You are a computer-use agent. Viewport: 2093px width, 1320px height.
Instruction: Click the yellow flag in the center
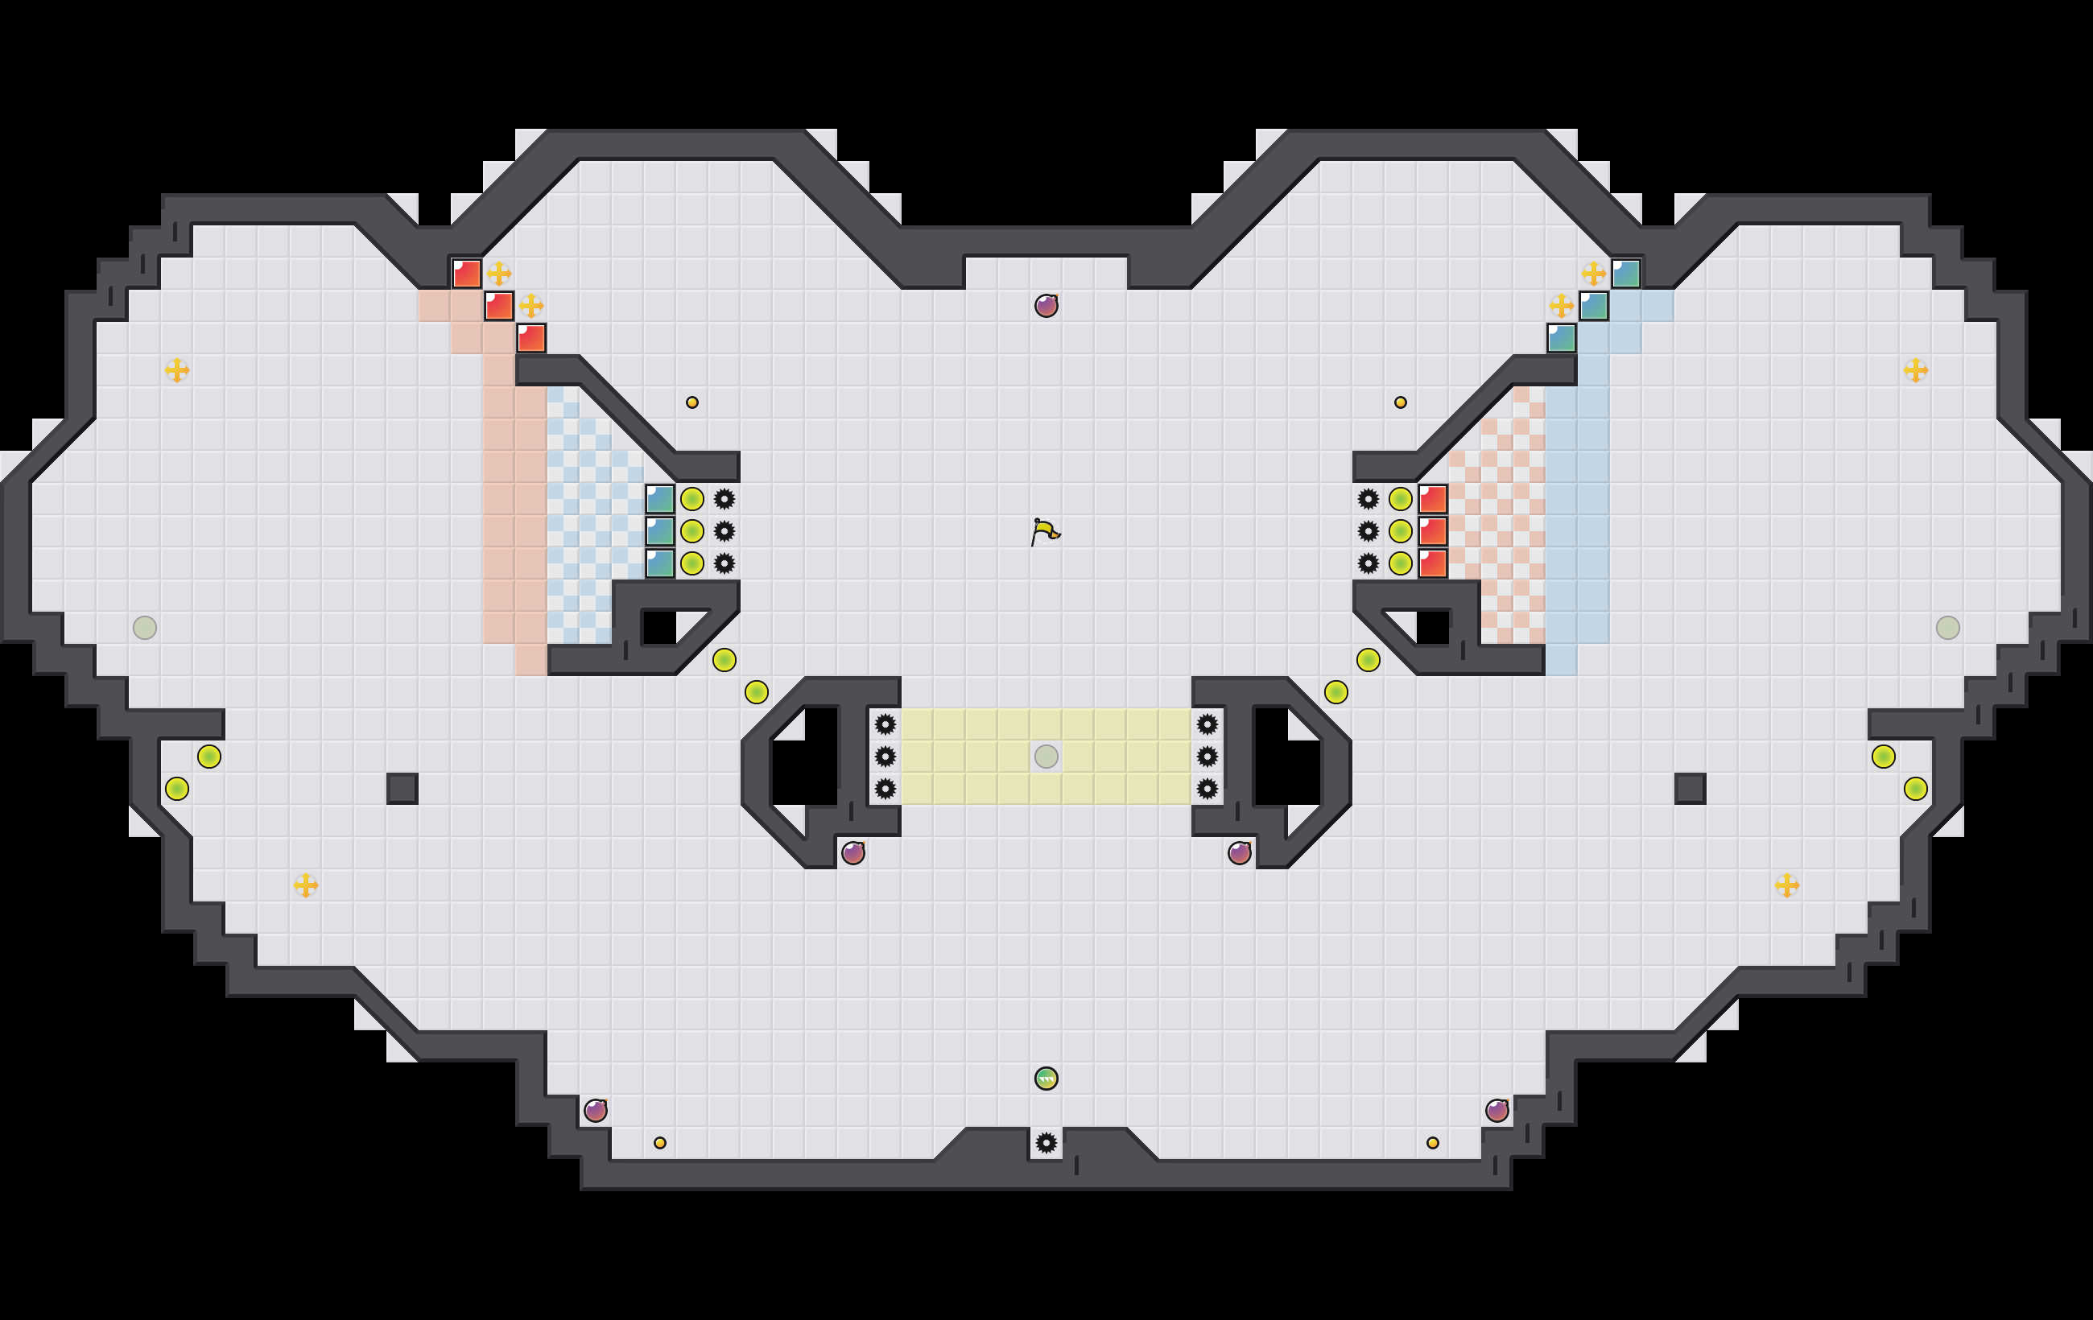coord(1045,531)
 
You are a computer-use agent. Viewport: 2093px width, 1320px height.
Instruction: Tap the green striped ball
coord(1046,1079)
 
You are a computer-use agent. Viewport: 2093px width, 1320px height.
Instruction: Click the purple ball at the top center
coord(1046,306)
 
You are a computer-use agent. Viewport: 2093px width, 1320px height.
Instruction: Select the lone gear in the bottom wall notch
coord(1046,1143)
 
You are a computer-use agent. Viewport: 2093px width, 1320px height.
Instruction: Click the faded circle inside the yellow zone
coord(1046,756)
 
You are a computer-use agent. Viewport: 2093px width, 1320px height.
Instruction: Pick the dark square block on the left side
coord(402,788)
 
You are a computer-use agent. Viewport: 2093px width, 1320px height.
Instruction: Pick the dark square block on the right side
coord(1690,788)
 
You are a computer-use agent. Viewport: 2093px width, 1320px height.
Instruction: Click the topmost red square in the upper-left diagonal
coord(467,274)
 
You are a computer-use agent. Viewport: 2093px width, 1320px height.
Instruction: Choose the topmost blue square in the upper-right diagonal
coord(1625,274)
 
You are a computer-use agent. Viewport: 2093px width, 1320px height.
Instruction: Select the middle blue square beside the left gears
coord(660,531)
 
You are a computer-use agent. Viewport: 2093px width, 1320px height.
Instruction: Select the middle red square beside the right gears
coord(1432,531)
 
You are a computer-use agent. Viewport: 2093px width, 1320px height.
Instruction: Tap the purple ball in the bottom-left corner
coord(596,1111)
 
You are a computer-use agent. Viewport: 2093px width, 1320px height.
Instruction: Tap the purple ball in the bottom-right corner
coord(1496,1111)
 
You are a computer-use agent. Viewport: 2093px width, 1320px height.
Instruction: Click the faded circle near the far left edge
coord(145,628)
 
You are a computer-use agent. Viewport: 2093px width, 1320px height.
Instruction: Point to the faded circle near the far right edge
coord(1948,628)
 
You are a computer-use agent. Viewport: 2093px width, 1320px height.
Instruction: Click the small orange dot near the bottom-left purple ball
coord(660,1143)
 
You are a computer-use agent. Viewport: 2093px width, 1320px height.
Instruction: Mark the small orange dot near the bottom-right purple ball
coord(1432,1143)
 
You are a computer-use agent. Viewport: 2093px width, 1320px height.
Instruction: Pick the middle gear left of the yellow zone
coord(885,756)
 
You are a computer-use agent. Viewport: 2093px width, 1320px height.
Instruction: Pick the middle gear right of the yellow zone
coord(1207,756)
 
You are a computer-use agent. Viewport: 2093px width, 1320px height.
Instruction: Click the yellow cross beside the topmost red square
coord(499,274)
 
